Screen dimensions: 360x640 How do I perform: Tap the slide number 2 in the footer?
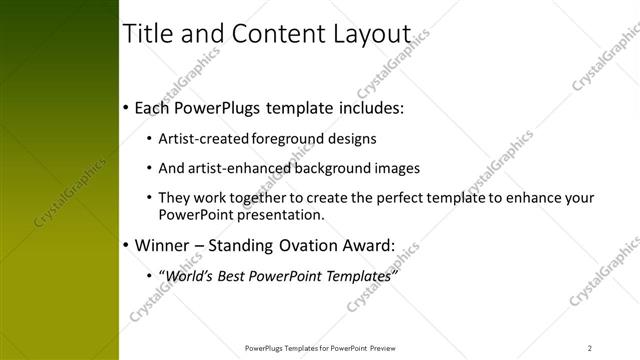coord(590,348)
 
